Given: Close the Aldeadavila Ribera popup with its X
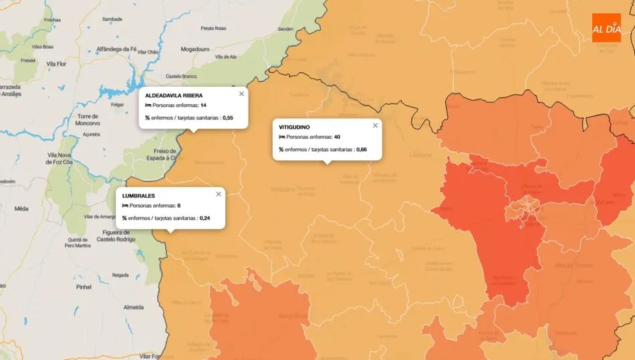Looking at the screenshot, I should click(241, 94).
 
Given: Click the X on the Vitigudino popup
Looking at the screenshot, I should click(375, 126).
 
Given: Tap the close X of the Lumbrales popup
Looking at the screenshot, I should click(219, 194).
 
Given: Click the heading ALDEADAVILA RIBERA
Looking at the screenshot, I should click(174, 96).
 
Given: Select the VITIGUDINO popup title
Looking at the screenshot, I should click(294, 127).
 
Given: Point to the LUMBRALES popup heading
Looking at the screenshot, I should click(138, 196).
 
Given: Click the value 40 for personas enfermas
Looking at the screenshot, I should click(337, 137).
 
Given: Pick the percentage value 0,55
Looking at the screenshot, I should click(227, 118).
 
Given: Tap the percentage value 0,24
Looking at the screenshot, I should click(205, 218).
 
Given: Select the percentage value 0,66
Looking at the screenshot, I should click(362, 149).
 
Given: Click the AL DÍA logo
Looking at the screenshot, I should click(606, 27).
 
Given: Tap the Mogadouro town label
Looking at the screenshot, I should click(195, 49).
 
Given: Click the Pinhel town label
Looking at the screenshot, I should click(84, 287).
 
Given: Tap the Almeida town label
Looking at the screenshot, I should click(134, 307).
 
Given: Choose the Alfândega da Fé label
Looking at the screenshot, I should click(117, 49).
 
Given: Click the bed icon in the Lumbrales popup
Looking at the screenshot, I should click(125, 206).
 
